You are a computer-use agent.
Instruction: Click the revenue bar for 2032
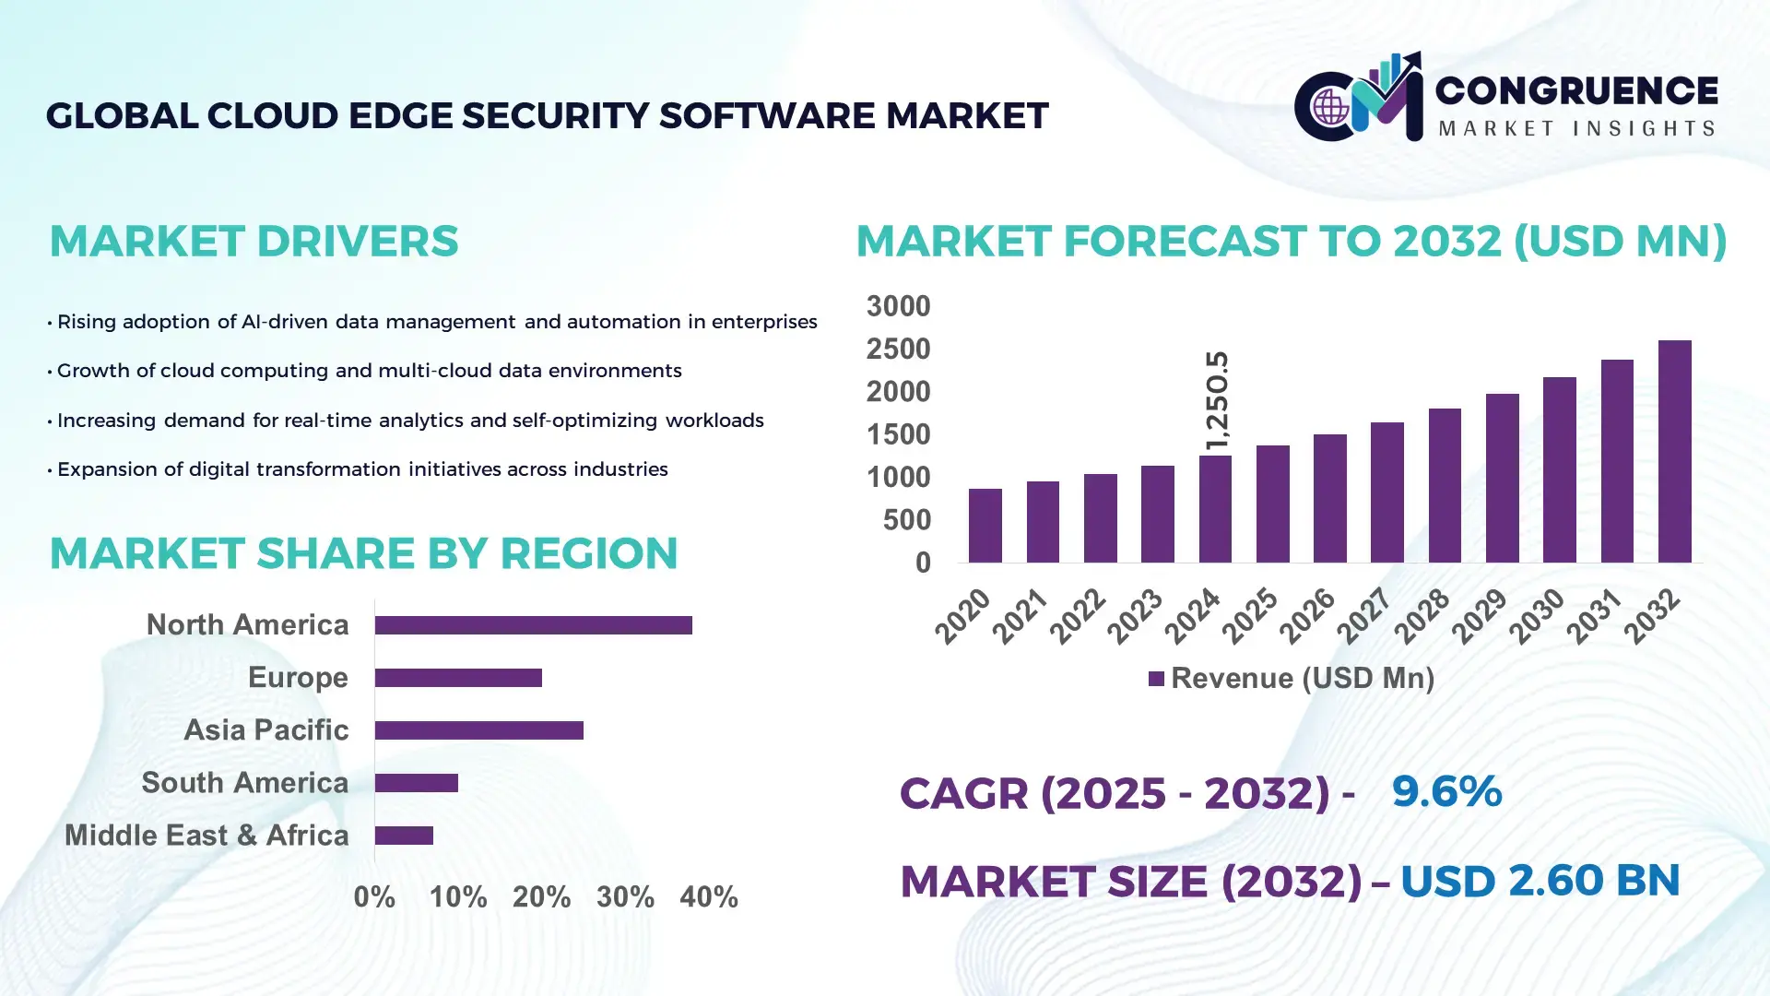pos(1674,452)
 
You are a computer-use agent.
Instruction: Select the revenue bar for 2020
pos(985,526)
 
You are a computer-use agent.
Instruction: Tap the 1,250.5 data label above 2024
pos(1217,400)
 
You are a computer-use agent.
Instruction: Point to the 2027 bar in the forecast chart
pos(1386,492)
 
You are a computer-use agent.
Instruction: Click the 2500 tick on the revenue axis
pos(897,350)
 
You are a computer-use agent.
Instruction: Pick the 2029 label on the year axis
pos(1479,616)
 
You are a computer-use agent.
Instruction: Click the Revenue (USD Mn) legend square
pos(1156,679)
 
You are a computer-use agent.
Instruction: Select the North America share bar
pos(533,625)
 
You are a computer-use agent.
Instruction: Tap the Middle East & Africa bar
pos(404,836)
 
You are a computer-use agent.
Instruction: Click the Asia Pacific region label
pos(265,729)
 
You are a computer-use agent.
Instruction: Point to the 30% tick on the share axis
pos(625,896)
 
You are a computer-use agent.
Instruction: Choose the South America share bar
pos(416,783)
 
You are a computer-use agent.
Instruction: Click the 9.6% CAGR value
pos(1445,791)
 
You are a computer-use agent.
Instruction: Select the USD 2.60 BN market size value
pos(1540,881)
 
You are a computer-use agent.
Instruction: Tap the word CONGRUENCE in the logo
pos(1575,90)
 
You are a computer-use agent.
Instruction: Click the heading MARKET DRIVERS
pos(254,242)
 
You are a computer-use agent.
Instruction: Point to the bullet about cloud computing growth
pos(369,371)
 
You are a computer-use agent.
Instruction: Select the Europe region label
pos(298,677)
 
